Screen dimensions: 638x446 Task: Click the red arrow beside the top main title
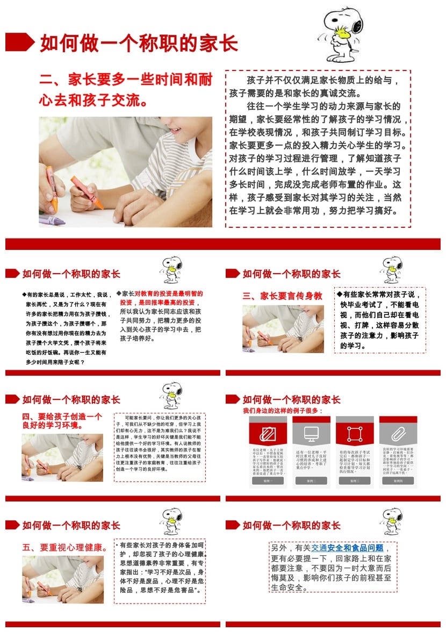(x=20, y=42)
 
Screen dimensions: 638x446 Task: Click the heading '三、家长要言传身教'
(x=282, y=296)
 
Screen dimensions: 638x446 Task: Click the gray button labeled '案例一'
(x=268, y=481)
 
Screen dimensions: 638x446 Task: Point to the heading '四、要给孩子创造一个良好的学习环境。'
(x=62, y=420)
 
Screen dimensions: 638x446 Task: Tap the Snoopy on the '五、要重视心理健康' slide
(x=172, y=522)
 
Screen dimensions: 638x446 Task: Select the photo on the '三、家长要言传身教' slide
(x=283, y=329)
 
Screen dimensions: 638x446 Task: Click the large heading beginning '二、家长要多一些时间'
(x=126, y=89)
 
